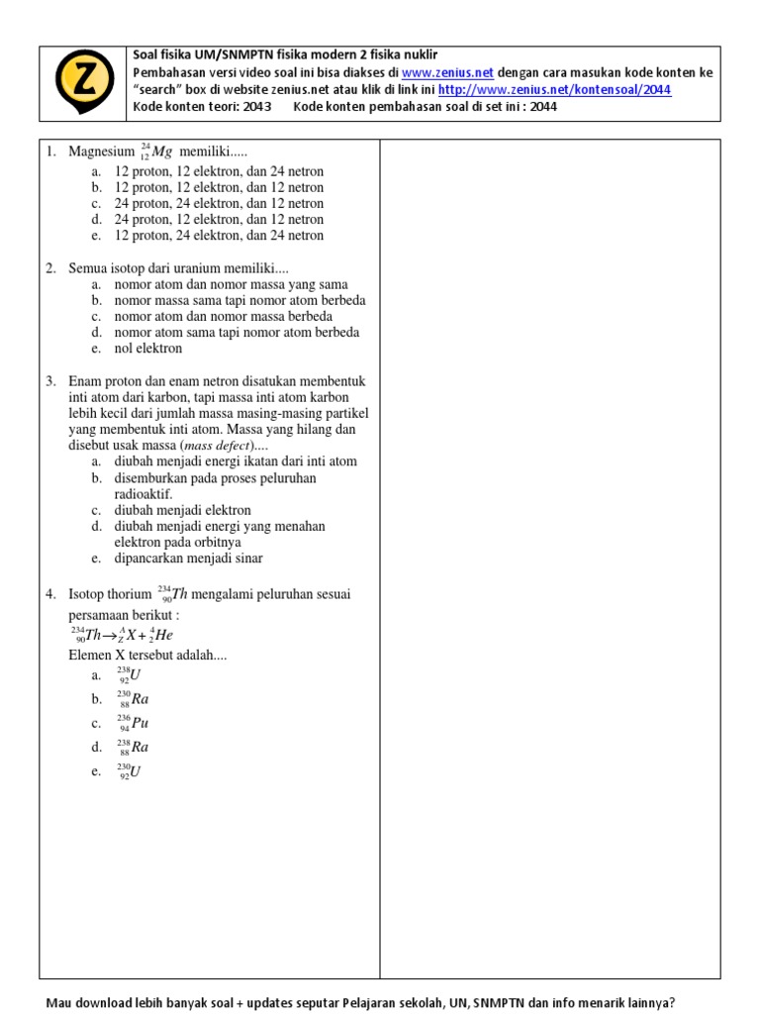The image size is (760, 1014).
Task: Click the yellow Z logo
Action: (84, 83)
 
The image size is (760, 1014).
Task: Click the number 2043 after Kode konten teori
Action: (253, 107)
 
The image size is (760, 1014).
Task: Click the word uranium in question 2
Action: (200, 268)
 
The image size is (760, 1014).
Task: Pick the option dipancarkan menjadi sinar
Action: (194, 558)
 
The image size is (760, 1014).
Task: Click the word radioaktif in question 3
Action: (143, 494)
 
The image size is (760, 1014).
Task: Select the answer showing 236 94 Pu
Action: (132, 723)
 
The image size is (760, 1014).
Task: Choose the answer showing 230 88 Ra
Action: (132, 699)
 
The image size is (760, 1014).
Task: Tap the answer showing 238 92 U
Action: (129, 675)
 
